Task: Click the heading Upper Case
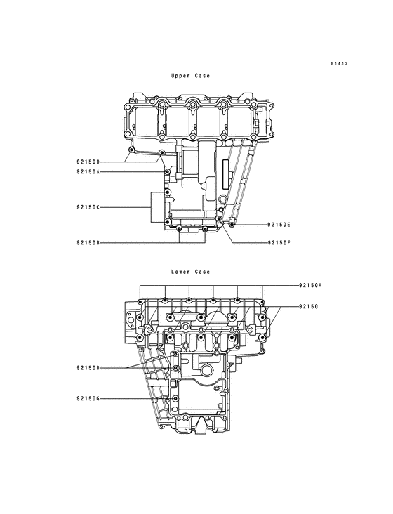[x=189, y=75]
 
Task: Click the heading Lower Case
[x=189, y=272]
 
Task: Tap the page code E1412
[x=340, y=64]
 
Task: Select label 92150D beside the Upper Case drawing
[x=88, y=162]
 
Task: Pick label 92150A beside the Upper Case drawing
[x=88, y=171]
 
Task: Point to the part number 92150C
[x=88, y=207]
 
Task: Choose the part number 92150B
[x=88, y=243]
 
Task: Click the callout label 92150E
[x=279, y=225]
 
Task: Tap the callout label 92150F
[x=279, y=243]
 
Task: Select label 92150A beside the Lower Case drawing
[x=309, y=286]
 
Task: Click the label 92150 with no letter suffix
[x=307, y=307]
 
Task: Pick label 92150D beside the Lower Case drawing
[x=88, y=367]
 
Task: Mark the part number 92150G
[x=88, y=399]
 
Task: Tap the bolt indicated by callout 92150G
[x=174, y=399]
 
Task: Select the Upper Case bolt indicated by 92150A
[x=166, y=171]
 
